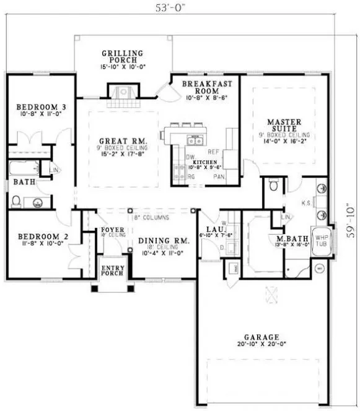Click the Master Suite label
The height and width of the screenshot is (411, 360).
[284, 124]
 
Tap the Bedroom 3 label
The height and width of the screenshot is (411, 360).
[38, 106]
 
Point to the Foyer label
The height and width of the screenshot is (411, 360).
[113, 230]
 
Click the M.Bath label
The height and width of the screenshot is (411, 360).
[289, 238]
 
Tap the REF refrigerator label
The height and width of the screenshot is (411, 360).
[214, 151]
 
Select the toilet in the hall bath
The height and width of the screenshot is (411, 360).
[16, 200]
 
